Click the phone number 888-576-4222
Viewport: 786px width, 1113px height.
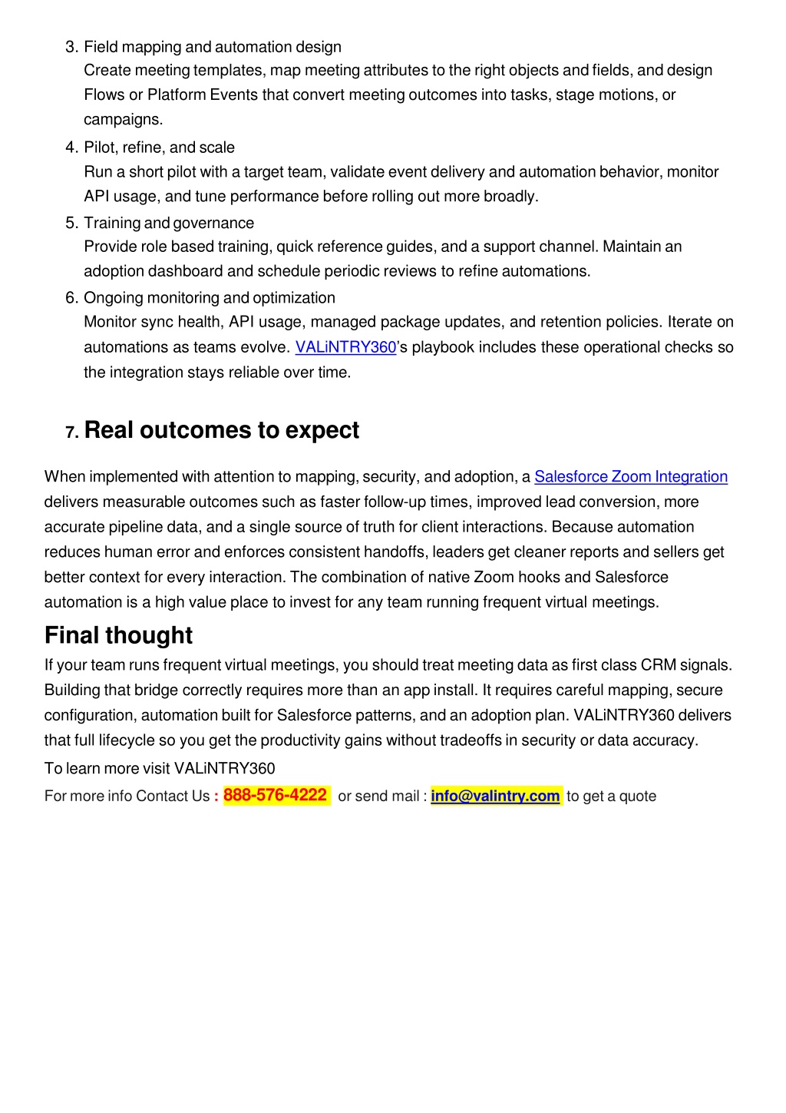pyautogui.click(x=275, y=795)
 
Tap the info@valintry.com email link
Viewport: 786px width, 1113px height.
pyautogui.click(x=495, y=796)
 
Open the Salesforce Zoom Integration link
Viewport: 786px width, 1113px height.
pyautogui.click(x=630, y=477)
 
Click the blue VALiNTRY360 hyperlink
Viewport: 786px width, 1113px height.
pyautogui.click(x=345, y=347)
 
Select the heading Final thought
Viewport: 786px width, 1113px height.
pyautogui.click(x=118, y=635)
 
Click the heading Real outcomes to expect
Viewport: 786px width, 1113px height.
pyautogui.click(x=221, y=430)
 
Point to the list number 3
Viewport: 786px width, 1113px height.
pyautogui.click(x=71, y=47)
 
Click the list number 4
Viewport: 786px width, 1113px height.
pyautogui.click(x=71, y=147)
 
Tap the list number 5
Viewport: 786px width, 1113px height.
pyautogui.click(x=71, y=223)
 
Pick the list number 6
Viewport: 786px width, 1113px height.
pyautogui.click(x=71, y=298)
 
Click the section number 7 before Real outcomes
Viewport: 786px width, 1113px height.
pyautogui.click(x=72, y=432)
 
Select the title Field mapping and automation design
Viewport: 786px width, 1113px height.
pyautogui.click(x=213, y=47)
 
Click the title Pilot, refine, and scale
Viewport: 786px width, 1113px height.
pyautogui.click(x=159, y=147)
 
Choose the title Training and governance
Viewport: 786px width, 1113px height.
pyautogui.click(x=169, y=223)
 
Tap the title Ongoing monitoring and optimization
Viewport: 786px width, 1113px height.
pyautogui.click(x=210, y=298)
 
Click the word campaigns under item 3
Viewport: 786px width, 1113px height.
pyautogui.click(x=123, y=119)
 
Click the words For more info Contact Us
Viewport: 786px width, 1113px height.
pyautogui.click(x=127, y=797)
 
